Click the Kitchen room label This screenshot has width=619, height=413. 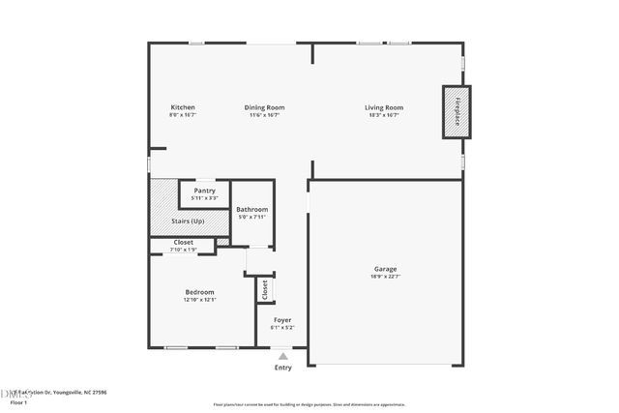coord(183,107)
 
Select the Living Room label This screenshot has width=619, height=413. coord(384,107)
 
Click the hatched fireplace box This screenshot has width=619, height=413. coord(457,111)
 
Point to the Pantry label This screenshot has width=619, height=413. coord(204,191)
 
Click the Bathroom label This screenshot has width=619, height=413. coord(251,209)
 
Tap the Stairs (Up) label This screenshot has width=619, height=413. coord(187,221)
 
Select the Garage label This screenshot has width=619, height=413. coord(385,269)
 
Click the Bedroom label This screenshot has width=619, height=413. coord(200,292)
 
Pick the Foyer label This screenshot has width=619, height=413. coord(282,319)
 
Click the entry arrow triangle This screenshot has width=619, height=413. coord(282,356)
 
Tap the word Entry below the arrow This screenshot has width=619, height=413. coord(282,368)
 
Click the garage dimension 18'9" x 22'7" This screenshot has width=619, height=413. coord(385,277)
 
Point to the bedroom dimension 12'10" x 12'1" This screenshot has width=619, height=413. coord(200,300)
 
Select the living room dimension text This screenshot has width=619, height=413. coord(384,115)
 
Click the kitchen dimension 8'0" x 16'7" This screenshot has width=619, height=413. coord(183,115)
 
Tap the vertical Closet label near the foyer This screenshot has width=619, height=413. coord(263,288)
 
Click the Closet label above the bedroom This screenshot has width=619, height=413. coord(183,242)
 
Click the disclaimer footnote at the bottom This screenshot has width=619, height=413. coord(309,404)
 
